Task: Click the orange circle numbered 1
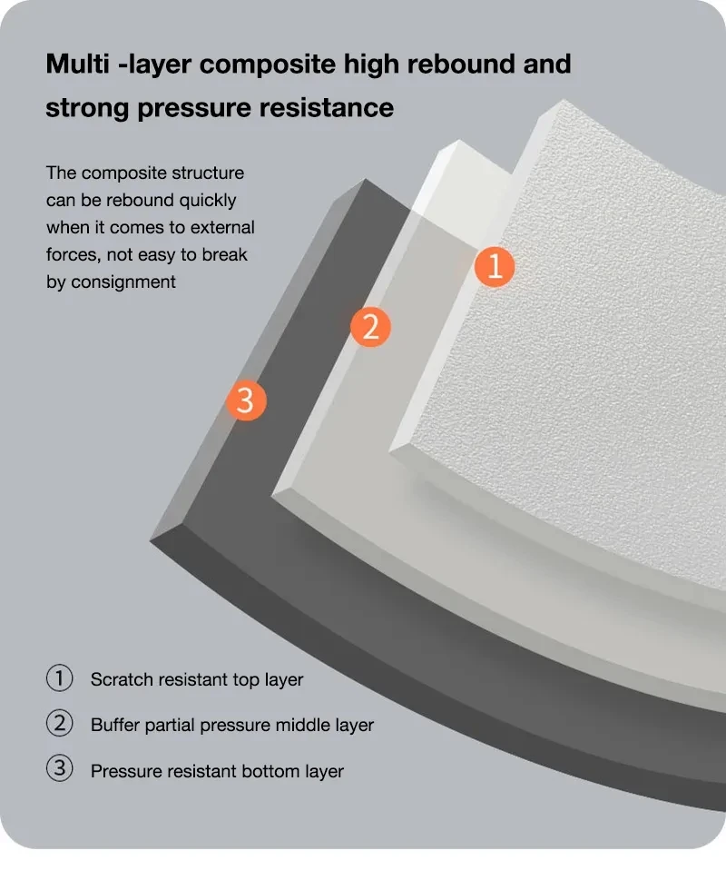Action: pos(495,267)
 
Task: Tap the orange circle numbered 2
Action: pos(370,327)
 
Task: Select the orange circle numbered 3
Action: pos(246,400)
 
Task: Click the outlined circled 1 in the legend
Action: pos(59,678)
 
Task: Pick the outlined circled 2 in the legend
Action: pos(59,724)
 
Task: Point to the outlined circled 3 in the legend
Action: pos(59,769)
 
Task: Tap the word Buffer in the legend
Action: pos(115,725)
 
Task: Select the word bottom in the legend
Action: pos(270,771)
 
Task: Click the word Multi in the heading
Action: pos(77,64)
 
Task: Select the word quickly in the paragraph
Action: pos(208,201)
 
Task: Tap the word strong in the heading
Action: pos(87,109)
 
